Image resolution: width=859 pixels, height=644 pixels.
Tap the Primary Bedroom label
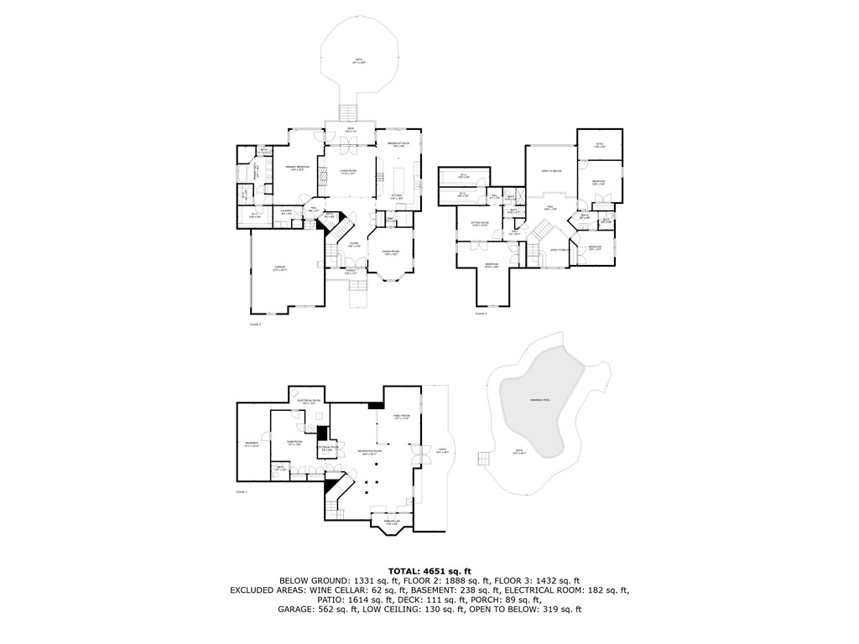(x=297, y=169)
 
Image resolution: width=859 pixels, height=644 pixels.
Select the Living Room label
(x=347, y=173)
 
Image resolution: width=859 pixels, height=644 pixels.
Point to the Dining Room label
(x=391, y=253)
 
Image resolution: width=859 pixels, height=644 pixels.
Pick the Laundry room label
(x=286, y=212)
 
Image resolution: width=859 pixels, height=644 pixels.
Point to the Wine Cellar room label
(x=392, y=524)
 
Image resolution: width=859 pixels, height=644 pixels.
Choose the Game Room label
(x=294, y=443)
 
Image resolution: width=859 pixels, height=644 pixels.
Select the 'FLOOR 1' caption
(x=241, y=491)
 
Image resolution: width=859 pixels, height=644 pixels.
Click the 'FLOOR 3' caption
(x=481, y=313)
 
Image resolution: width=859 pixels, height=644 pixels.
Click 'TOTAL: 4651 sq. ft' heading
(x=429, y=571)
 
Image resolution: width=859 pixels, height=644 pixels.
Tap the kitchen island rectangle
(x=398, y=178)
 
